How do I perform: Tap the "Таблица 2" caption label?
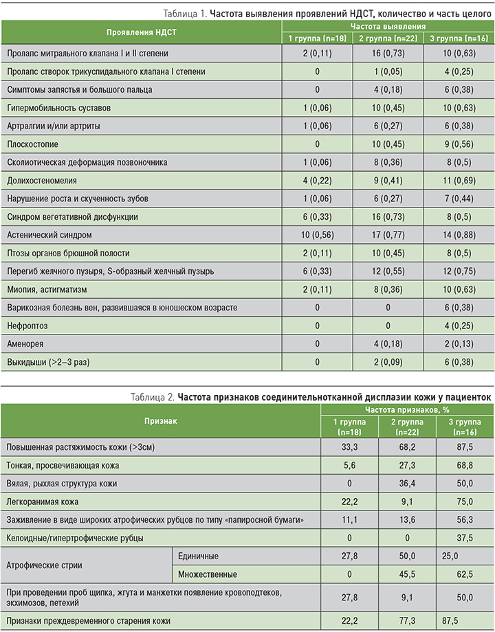click(x=153, y=396)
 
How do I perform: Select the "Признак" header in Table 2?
click(x=159, y=419)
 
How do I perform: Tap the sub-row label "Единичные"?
click(x=199, y=555)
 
